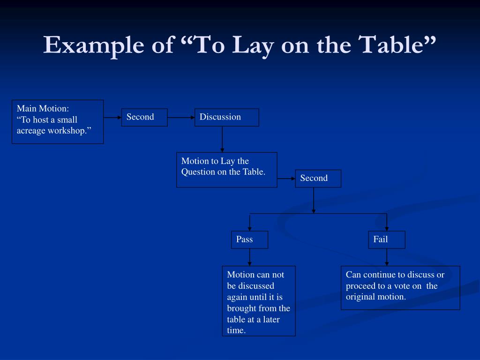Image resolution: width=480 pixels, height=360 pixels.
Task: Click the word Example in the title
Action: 92,46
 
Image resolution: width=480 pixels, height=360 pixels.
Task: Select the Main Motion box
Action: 58,121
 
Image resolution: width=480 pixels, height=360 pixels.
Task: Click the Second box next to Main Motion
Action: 144,117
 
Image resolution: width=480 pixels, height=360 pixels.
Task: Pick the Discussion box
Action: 226,117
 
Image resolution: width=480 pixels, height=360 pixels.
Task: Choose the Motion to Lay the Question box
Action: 226,170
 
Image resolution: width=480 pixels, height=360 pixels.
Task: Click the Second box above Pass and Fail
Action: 318,178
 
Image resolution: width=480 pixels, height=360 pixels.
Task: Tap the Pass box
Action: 249,240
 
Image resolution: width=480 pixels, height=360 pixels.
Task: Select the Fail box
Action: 386,240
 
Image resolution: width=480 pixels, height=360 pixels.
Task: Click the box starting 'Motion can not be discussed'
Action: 259,301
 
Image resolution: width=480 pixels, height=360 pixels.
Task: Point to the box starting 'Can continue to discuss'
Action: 400,288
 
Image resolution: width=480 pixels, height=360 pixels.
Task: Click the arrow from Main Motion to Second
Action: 112,117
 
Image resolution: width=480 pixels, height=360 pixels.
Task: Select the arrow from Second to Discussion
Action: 181,117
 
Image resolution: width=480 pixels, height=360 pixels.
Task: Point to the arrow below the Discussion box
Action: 222,139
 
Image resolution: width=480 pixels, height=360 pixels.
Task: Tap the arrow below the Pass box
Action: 249,257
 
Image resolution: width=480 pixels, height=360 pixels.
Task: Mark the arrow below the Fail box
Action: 387,257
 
